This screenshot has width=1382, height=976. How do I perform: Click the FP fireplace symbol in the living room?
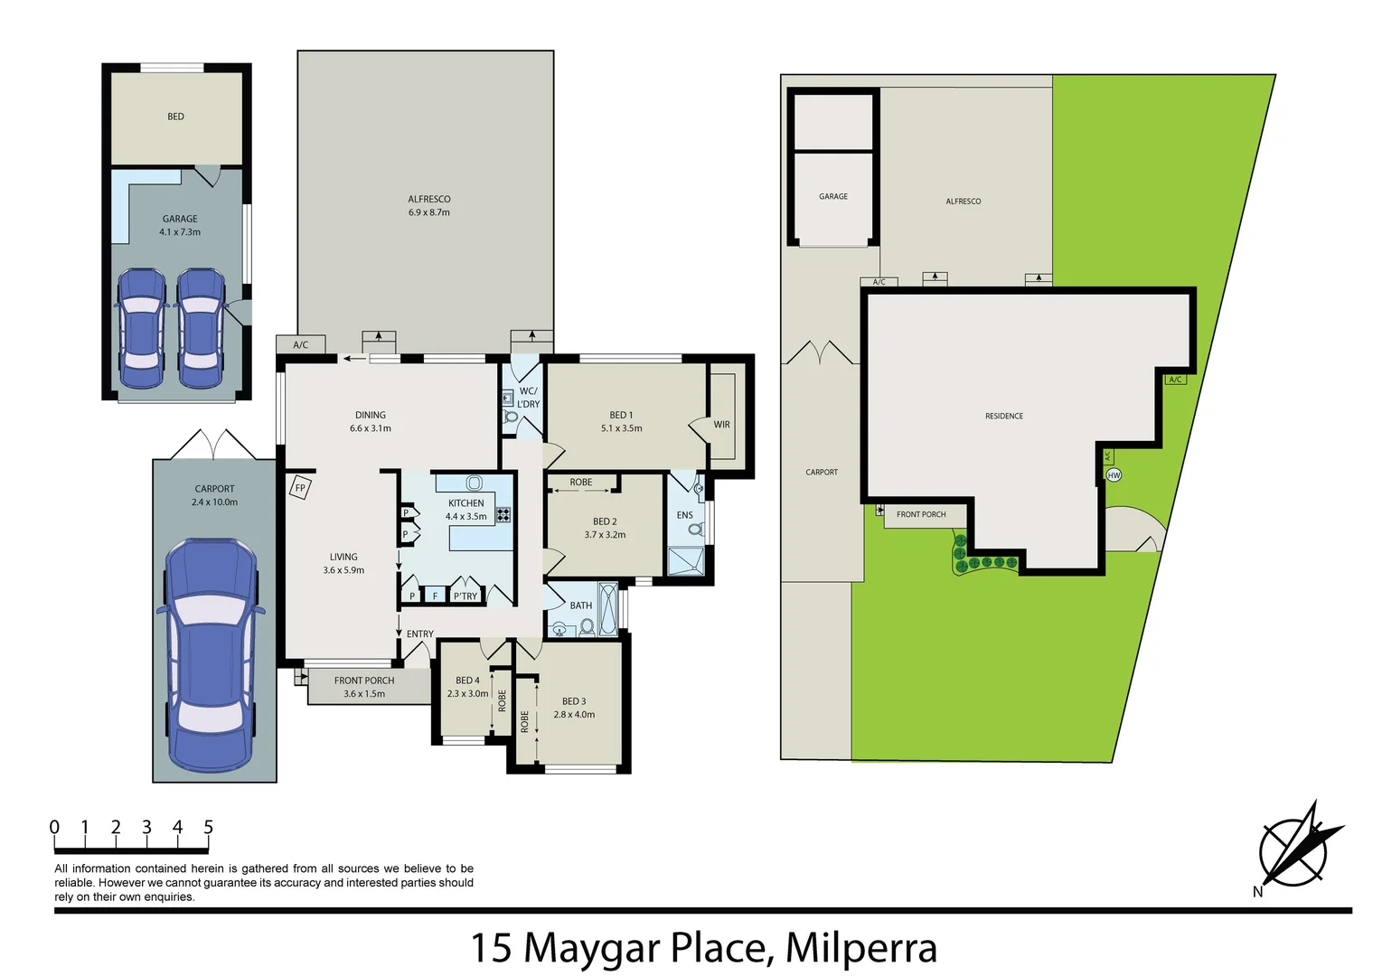tap(300, 488)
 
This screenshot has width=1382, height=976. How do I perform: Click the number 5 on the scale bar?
tap(208, 827)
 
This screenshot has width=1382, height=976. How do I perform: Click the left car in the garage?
tap(142, 327)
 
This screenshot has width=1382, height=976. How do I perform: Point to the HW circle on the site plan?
tap(1114, 475)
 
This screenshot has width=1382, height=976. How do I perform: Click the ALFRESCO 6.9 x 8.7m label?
tap(428, 206)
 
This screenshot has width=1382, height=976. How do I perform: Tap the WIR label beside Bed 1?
tap(721, 425)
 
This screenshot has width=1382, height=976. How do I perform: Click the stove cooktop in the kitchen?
tap(503, 515)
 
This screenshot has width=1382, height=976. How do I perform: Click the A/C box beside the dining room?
tap(301, 344)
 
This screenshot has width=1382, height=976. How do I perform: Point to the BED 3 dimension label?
tap(574, 708)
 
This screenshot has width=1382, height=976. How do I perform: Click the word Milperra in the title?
tap(860, 948)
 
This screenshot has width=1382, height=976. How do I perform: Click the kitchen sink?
tap(474, 483)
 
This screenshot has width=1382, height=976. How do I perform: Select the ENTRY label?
tap(419, 634)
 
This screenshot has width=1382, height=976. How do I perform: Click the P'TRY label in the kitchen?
tap(465, 596)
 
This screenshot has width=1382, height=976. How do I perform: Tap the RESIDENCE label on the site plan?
tap(1003, 417)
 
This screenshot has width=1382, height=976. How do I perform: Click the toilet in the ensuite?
tap(696, 530)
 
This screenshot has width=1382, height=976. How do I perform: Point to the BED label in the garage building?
tap(175, 117)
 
